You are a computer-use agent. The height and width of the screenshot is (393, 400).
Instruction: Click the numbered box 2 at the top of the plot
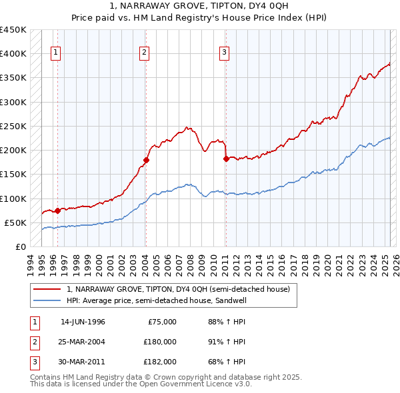[x=144, y=53]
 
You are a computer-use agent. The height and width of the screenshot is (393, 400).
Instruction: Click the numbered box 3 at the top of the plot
[x=225, y=53]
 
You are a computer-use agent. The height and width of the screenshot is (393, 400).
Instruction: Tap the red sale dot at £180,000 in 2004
[x=145, y=160]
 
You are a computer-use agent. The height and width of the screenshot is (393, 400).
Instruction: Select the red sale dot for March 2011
[x=226, y=159]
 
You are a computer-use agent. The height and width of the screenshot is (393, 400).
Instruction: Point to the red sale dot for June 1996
[x=57, y=210]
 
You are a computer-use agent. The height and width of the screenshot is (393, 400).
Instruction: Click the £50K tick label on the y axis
[x=16, y=222]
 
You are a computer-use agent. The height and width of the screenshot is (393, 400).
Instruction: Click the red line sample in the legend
[x=47, y=290]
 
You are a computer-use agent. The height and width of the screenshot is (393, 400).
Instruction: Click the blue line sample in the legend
[x=47, y=300]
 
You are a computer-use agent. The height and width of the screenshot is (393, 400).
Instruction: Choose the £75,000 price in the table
[x=162, y=322]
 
